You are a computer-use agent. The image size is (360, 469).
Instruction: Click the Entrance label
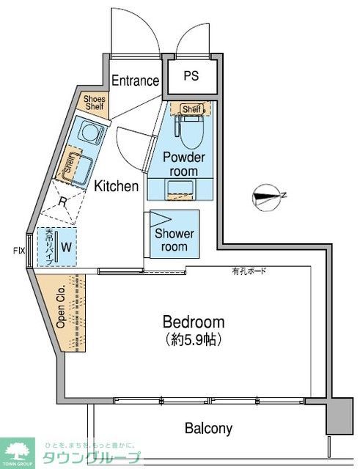point(135,81)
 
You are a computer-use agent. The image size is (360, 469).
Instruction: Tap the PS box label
point(191,76)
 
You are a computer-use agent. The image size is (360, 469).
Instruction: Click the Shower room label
point(175,240)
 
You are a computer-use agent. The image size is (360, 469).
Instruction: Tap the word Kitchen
point(116,186)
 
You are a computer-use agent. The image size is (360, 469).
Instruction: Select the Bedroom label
point(194,322)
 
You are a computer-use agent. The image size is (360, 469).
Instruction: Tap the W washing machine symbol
point(65,247)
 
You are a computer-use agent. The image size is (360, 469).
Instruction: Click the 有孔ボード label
point(250,273)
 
